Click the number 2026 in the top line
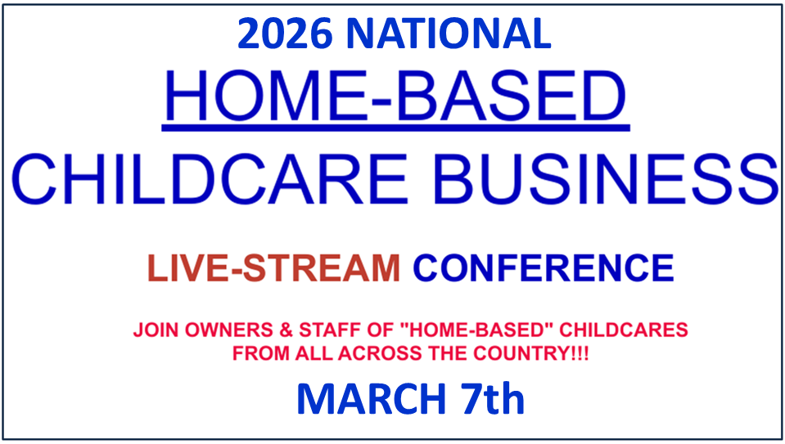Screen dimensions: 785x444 [x=285, y=34]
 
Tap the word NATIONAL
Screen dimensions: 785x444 [x=449, y=34]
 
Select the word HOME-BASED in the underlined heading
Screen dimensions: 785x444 [x=395, y=96]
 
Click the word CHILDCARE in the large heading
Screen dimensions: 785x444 [x=210, y=179]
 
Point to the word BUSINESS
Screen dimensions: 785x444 [x=607, y=179]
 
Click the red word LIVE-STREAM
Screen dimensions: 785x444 [x=274, y=268]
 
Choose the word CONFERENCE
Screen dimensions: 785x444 [x=544, y=268]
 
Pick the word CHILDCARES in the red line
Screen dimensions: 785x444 [x=624, y=330]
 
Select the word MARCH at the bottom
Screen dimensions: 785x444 [x=371, y=399]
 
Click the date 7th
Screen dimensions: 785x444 [x=493, y=398]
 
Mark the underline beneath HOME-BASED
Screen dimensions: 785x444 [x=395, y=129]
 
